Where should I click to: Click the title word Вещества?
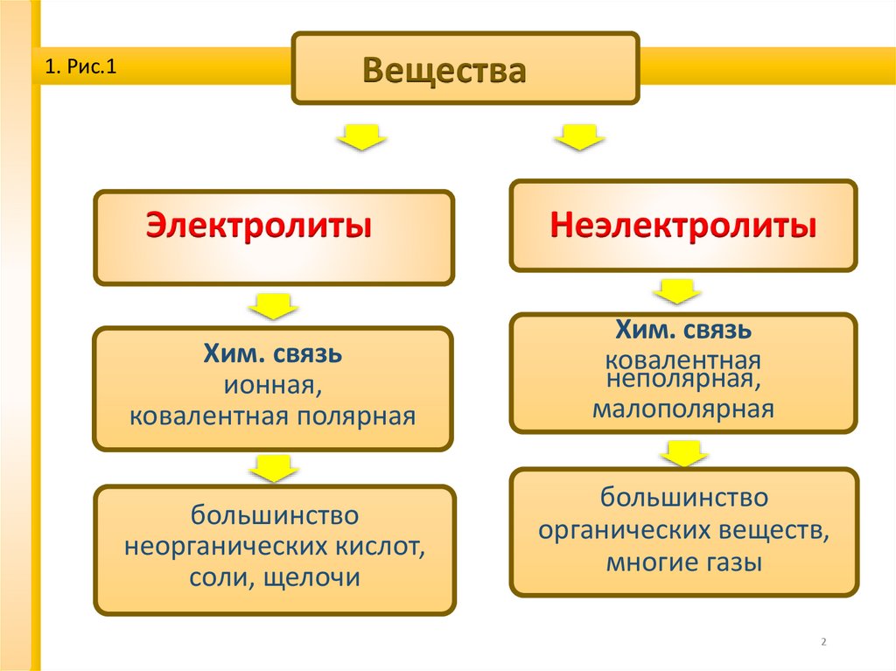coord(444,71)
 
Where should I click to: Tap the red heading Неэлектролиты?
coord(683,227)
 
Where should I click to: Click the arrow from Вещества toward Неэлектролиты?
coord(579,137)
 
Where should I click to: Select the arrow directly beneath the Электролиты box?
coord(274,306)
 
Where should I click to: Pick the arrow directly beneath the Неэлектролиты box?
coord(675,290)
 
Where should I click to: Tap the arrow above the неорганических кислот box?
coord(274,468)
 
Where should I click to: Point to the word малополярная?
coord(682,409)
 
